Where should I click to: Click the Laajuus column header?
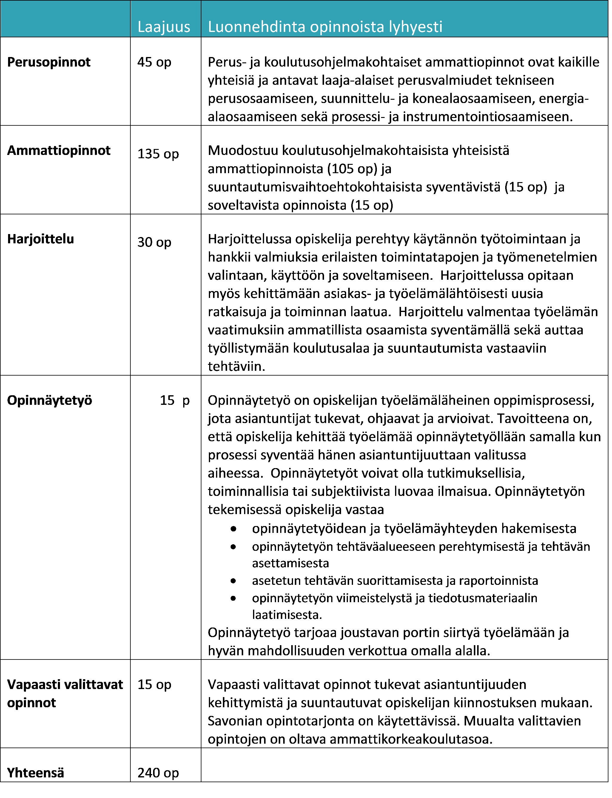coord(164,27)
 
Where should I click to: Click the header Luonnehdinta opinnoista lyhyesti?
coord(325,27)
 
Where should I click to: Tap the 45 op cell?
coord(154,62)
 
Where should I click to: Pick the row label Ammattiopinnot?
coord(59,150)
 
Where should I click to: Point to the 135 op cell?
coord(158,154)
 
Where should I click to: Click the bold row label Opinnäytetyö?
coord(50,400)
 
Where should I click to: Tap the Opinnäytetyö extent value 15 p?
coord(175,400)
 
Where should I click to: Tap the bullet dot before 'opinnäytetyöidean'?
coord(233,529)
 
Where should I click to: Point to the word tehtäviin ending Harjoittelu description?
coord(236,367)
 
